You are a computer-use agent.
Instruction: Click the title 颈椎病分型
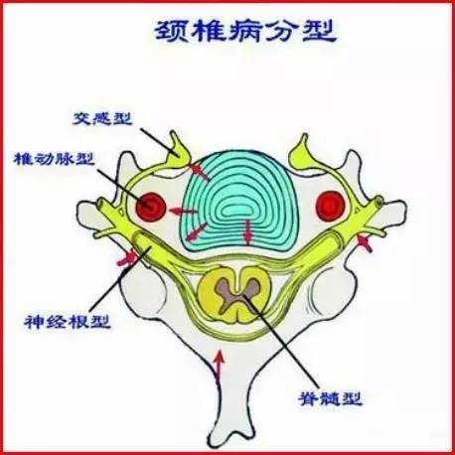[x=245, y=32]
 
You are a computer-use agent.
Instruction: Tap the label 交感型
[x=102, y=118]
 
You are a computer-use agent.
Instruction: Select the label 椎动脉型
[x=54, y=159]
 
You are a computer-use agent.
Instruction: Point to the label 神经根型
[x=68, y=321]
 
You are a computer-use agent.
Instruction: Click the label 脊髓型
[x=330, y=398]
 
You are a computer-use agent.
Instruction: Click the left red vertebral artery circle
[x=151, y=207]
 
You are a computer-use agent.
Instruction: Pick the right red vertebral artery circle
[x=331, y=207]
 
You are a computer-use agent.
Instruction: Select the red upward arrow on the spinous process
[x=219, y=366]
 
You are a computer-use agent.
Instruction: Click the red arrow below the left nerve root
[x=127, y=258]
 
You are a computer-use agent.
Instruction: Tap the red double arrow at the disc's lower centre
[x=247, y=232]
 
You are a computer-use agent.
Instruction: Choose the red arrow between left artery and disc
[x=183, y=211]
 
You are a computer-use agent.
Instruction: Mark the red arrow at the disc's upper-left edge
[x=201, y=171]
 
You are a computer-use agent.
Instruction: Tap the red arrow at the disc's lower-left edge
[x=196, y=231]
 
